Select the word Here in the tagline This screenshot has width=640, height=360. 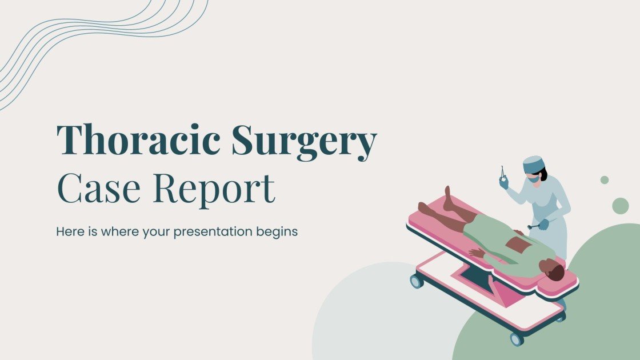(x=69, y=233)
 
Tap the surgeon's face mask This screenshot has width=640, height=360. (x=532, y=178)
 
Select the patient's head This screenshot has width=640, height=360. (x=554, y=271)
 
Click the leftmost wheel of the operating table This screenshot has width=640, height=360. (x=417, y=281)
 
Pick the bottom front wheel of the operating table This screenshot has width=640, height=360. (x=517, y=339)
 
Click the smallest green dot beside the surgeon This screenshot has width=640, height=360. (x=604, y=180)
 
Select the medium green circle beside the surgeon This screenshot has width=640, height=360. (x=620, y=206)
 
